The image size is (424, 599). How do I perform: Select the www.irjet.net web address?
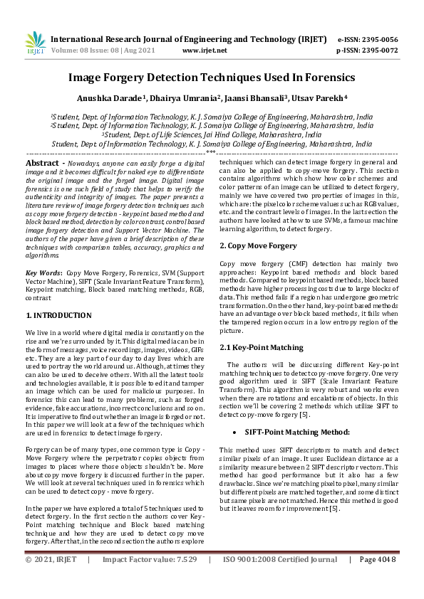[x=205, y=51]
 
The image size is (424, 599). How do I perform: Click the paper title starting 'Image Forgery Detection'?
[x=212, y=77]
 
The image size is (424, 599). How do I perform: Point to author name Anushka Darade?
[x=117, y=99]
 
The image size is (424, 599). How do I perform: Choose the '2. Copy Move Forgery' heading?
[x=258, y=245]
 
